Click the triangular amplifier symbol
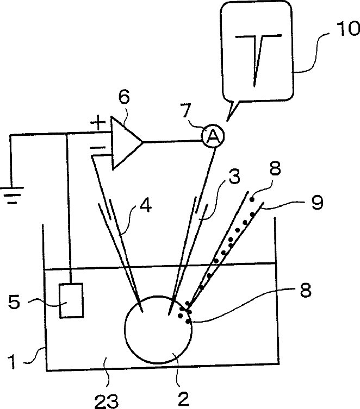point(125,142)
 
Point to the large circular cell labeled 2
point(159,329)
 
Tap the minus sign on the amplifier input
point(97,147)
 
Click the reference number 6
point(124,98)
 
